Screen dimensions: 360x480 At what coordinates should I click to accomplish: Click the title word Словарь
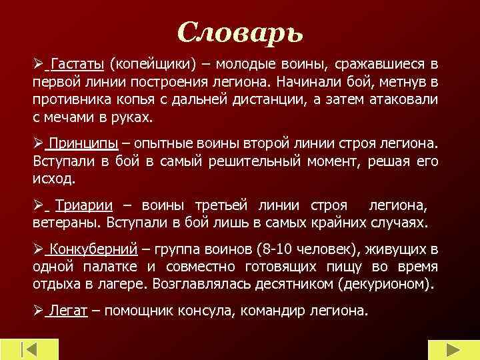coord(241,31)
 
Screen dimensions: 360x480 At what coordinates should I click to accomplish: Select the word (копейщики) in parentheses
coord(153,64)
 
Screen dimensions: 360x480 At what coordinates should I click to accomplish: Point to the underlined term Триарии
coord(85,207)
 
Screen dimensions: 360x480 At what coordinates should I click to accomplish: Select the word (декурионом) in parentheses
coord(387,283)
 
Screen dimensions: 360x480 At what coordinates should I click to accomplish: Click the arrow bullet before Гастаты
coord(37,64)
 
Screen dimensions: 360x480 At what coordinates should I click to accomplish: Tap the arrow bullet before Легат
coord(37,311)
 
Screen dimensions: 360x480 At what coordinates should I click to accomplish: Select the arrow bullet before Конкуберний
coord(37,250)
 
